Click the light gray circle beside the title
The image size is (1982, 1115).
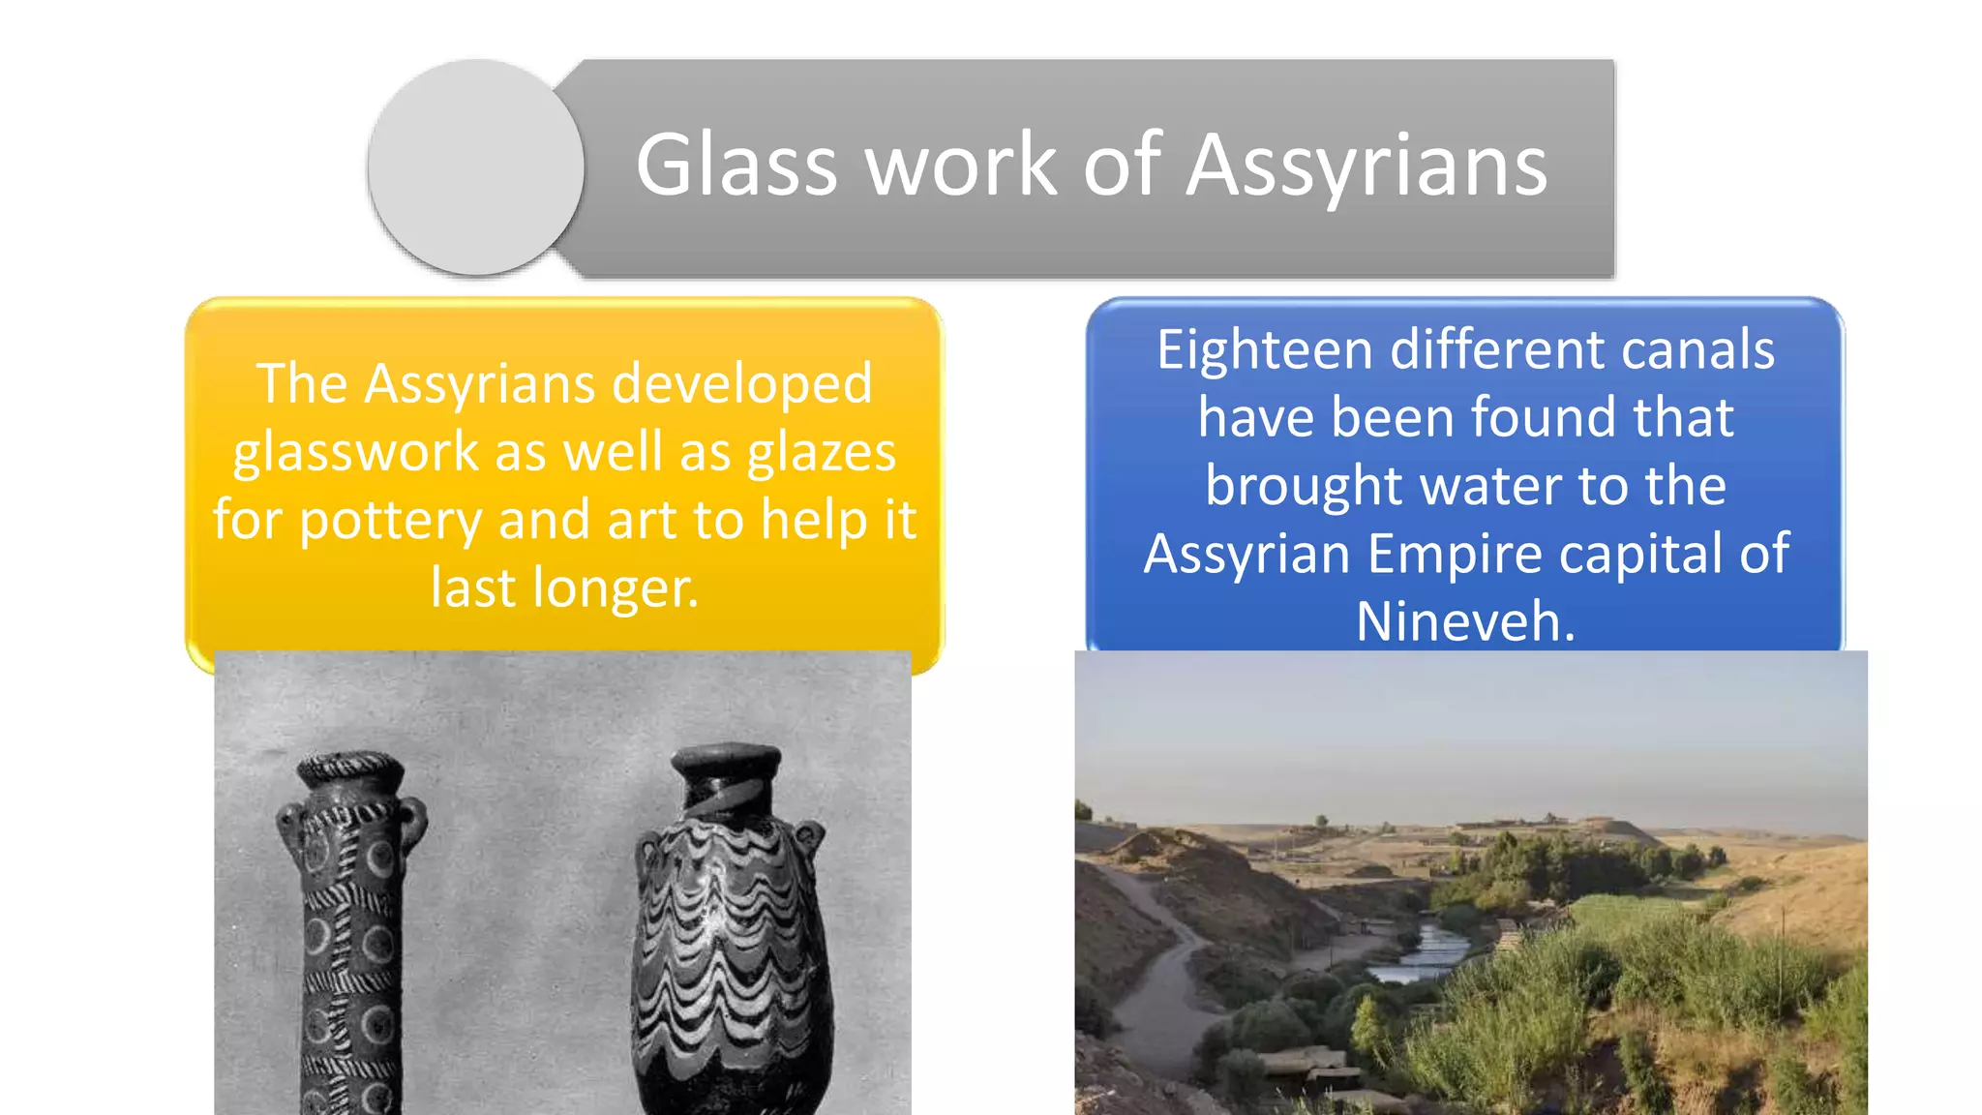pos(476,166)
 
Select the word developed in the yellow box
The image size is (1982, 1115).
pos(742,383)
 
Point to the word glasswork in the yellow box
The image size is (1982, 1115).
pos(356,452)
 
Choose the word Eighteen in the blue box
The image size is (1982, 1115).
pos(1264,349)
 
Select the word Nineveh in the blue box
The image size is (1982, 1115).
pos(1465,621)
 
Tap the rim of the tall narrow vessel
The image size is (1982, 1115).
pos(350,770)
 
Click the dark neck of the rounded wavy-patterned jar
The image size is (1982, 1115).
pos(726,790)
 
